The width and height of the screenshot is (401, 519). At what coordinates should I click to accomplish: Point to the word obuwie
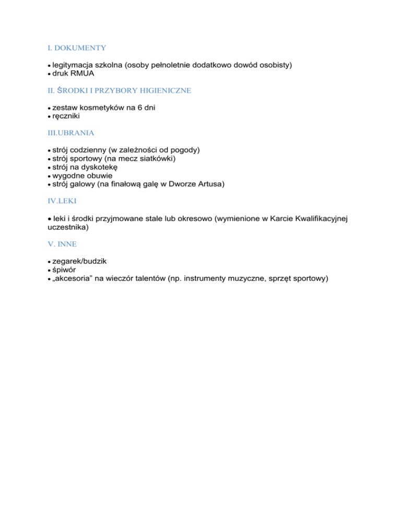click(x=99, y=176)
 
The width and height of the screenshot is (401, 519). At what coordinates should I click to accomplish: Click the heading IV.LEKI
click(x=55, y=201)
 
